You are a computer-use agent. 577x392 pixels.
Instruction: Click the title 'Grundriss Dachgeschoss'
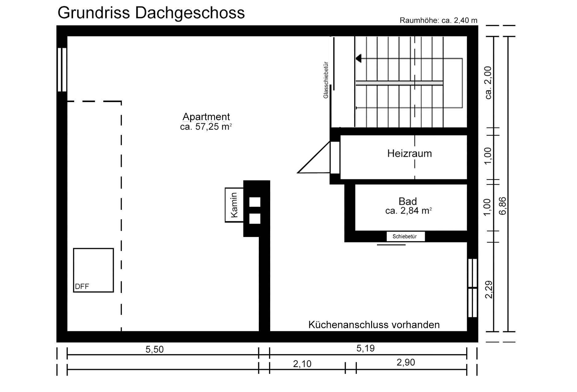click(x=151, y=13)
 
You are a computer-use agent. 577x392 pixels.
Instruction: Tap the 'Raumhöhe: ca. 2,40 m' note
click(x=439, y=20)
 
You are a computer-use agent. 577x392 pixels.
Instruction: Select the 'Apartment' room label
click(x=206, y=117)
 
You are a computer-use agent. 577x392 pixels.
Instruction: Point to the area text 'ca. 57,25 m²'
click(x=206, y=127)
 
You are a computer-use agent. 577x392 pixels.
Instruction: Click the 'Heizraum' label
click(x=409, y=153)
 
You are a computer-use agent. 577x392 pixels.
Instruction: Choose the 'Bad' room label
click(x=408, y=201)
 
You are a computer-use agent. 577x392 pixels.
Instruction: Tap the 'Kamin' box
click(x=234, y=205)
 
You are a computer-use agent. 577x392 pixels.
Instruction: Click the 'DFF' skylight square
click(x=93, y=270)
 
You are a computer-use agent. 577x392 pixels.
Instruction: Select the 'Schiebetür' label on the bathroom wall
click(x=406, y=236)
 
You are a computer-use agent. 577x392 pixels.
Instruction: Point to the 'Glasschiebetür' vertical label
click(x=326, y=80)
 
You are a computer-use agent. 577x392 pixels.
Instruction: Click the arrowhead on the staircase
click(x=358, y=58)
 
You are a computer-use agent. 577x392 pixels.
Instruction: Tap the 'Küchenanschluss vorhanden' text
click(x=374, y=325)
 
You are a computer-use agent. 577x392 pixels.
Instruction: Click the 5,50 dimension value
click(x=154, y=349)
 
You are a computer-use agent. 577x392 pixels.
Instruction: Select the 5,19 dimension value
click(x=366, y=348)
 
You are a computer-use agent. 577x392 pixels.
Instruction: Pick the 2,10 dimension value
click(x=302, y=364)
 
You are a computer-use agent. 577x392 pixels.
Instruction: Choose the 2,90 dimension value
click(x=406, y=362)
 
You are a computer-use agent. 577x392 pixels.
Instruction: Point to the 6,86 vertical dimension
click(x=502, y=206)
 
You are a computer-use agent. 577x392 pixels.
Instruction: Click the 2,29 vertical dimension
click(x=489, y=290)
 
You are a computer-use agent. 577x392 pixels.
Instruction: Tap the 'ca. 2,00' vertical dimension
click(x=489, y=83)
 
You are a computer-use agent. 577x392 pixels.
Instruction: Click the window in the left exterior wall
click(x=62, y=69)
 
